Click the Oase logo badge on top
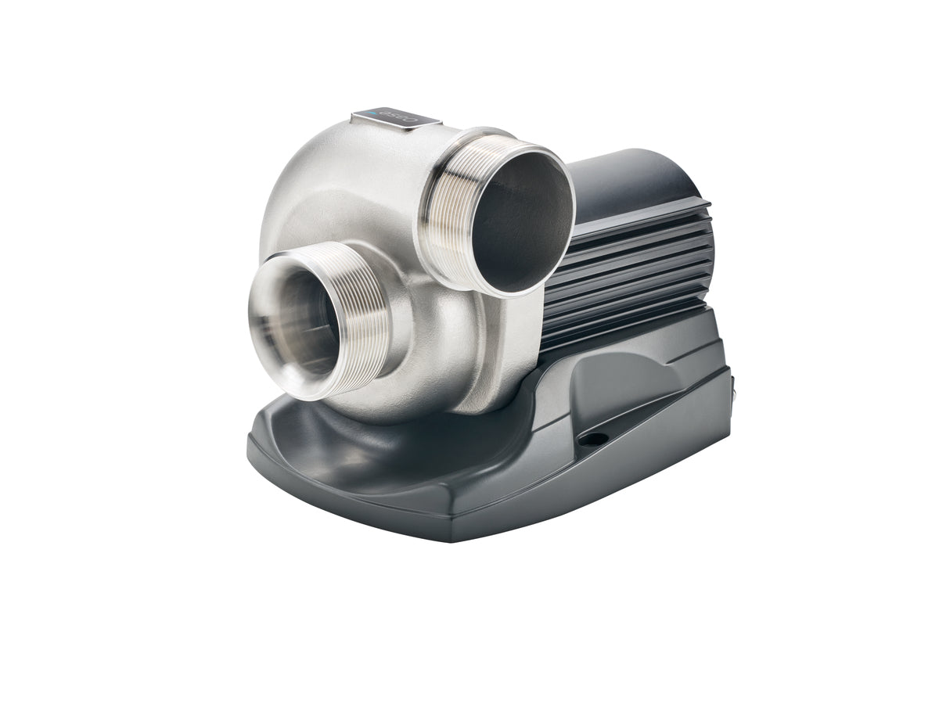point(396,118)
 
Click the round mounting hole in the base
point(592,440)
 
